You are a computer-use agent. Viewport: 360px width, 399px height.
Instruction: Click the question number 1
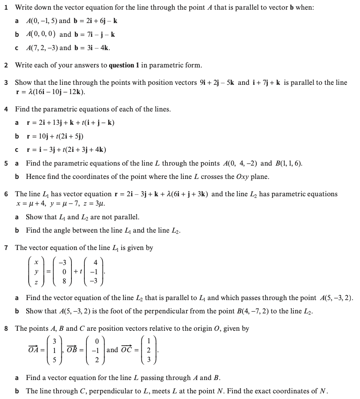point(6,8)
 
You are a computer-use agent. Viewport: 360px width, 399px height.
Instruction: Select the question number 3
point(6,83)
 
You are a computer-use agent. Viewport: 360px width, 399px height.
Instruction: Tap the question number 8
point(6,329)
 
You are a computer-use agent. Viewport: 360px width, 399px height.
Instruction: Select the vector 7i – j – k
point(99,34)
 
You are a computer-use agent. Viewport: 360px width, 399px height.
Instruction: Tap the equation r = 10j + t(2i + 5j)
point(54,136)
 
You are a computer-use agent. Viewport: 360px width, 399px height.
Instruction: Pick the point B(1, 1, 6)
point(289,164)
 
